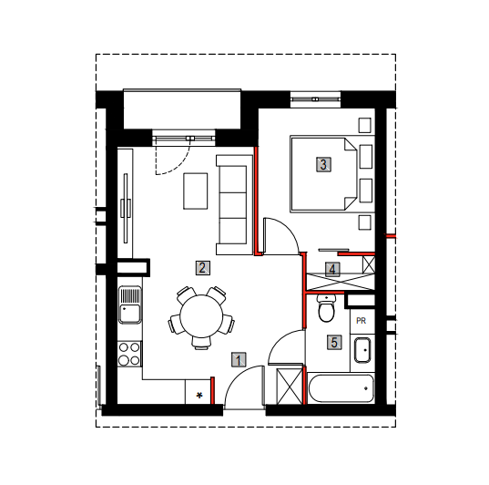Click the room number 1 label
click(239, 359)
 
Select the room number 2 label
click(203, 268)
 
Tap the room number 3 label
click(323, 165)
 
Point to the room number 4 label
click(332, 269)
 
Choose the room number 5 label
click(334, 342)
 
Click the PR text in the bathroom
click(361, 321)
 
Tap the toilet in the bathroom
click(326, 308)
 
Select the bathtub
click(341, 388)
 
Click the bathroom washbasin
click(362, 350)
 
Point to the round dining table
click(201, 316)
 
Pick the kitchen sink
click(130, 304)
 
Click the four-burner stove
click(129, 354)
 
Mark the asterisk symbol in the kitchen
click(199, 396)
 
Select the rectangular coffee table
click(196, 191)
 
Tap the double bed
click(323, 174)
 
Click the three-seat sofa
click(234, 205)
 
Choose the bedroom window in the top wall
click(315, 99)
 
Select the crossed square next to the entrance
click(290, 387)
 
